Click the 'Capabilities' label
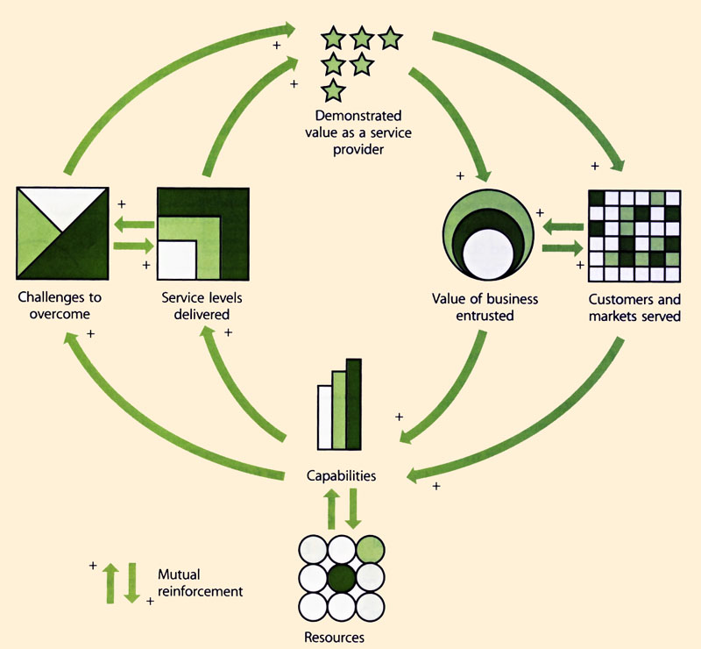pyautogui.click(x=341, y=476)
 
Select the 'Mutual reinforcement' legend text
pyautogui.click(x=199, y=583)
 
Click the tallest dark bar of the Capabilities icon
pyautogui.click(x=354, y=403)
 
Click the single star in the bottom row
pyautogui.click(x=332, y=90)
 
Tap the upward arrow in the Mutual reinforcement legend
pyautogui.click(x=111, y=582)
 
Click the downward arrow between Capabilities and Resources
pyautogui.click(x=352, y=509)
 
